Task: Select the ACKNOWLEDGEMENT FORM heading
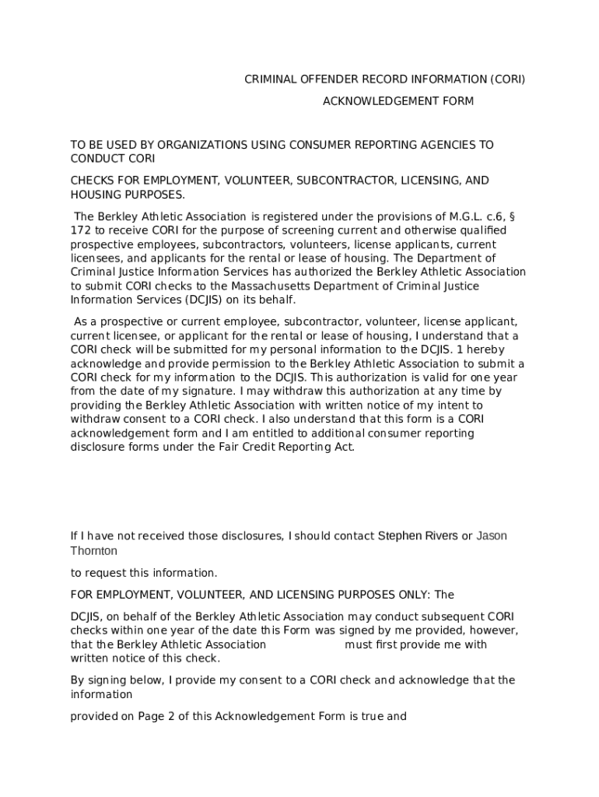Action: point(398,101)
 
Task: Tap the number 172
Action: point(81,230)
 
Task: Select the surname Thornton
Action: point(93,551)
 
